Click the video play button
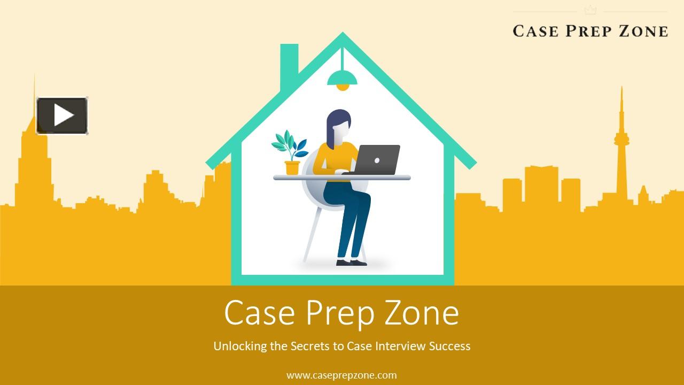click(x=62, y=115)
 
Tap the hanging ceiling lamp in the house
click(x=342, y=81)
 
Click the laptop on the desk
click(x=376, y=160)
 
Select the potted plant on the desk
click(x=291, y=153)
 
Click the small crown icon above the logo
click(x=590, y=10)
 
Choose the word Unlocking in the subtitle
click(x=240, y=346)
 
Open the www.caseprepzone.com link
click(x=341, y=375)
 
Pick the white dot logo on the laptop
click(x=377, y=160)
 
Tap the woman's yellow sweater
click(x=331, y=160)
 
